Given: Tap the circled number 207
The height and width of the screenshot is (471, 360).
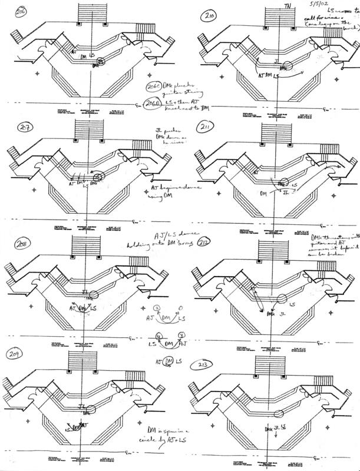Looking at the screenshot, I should coord(23,128).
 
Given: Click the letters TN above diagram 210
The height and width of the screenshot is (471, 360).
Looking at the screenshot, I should coord(288,6).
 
